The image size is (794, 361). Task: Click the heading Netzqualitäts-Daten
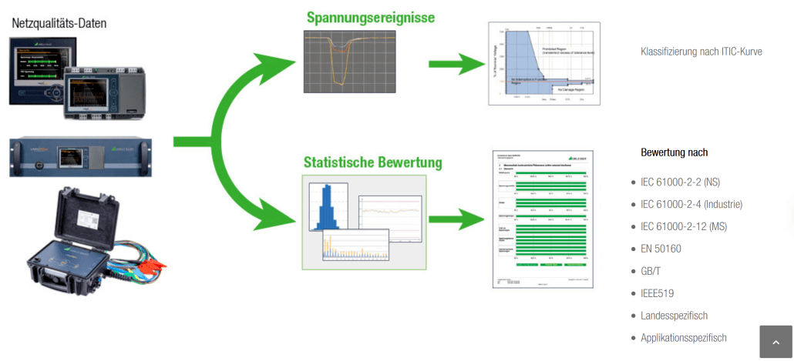tap(59, 23)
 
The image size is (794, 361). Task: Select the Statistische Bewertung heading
tap(373, 162)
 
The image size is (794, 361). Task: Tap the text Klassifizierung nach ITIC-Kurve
tap(701, 52)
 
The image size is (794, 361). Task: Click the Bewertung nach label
tap(674, 152)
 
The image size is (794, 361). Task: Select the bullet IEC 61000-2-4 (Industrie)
tap(691, 204)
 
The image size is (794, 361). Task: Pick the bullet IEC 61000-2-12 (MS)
tap(684, 226)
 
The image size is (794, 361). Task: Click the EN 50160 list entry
tap(661, 249)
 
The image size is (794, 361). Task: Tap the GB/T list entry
tap(651, 271)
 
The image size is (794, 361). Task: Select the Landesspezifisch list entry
tap(674, 316)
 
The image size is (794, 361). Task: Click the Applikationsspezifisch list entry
tap(683, 338)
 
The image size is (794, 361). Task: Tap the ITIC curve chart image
tap(544, 63)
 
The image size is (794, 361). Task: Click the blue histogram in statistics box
tap(328, 207)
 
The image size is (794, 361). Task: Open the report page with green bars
tap(543, 219)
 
